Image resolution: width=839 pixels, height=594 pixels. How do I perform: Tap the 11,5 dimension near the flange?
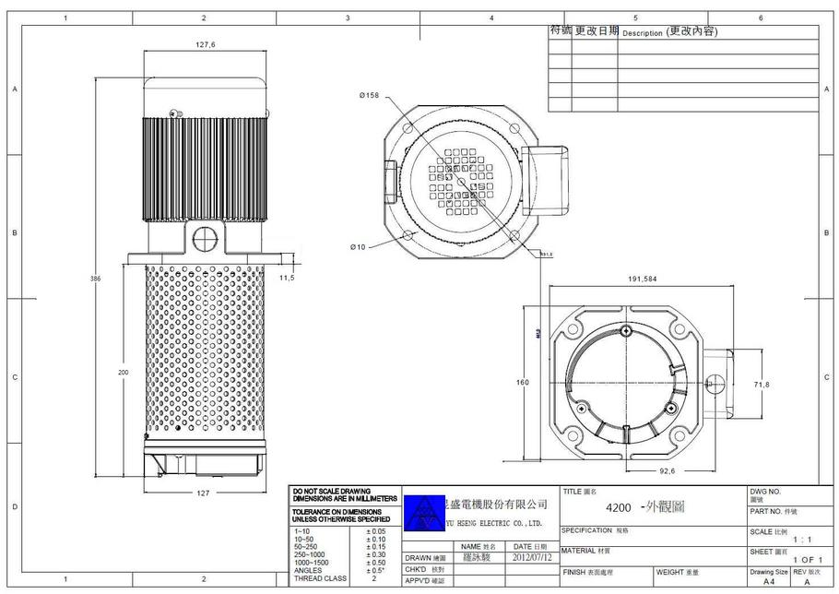287,277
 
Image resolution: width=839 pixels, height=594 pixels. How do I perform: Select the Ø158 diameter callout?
371,95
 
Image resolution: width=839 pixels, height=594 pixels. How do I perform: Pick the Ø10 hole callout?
358,246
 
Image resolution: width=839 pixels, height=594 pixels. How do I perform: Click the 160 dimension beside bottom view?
522,382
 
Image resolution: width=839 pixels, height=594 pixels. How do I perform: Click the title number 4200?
618,507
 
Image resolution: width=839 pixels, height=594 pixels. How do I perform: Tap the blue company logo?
424,512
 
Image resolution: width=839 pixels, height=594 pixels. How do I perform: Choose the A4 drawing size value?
769,583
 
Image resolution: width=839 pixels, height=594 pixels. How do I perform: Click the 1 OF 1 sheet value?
807,560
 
